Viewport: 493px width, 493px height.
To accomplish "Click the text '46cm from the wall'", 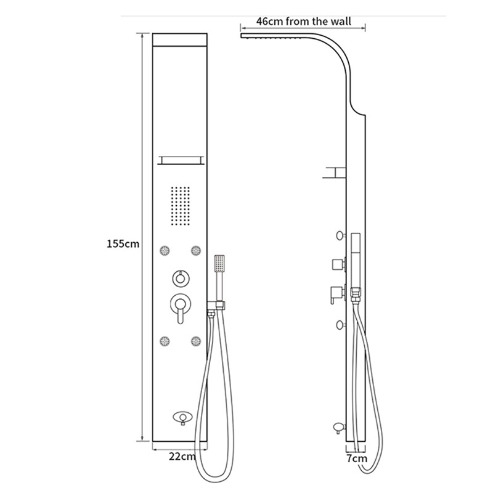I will click(304, 21).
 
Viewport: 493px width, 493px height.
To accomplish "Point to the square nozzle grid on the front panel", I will click(180, 205).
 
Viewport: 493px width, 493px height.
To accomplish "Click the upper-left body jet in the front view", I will click(165, 250).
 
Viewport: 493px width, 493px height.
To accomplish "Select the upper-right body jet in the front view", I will click(196, 250).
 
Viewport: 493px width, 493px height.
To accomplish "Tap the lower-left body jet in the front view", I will click(165, 340).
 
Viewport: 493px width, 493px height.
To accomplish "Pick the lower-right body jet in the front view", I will click(196, 340).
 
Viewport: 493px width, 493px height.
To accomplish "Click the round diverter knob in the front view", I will click(180, 279).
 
